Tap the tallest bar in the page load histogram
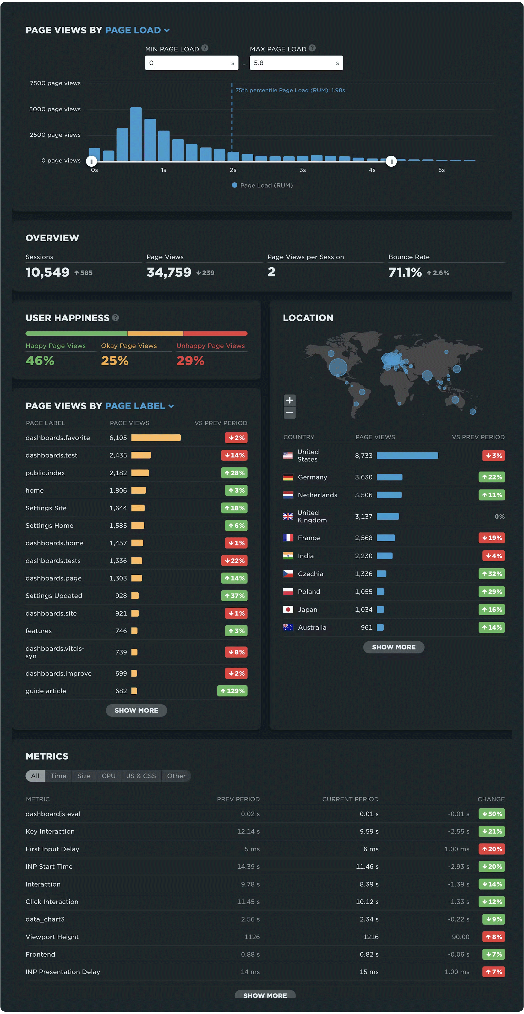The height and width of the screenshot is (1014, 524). [136, 134]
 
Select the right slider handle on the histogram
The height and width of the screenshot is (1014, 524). [391, 161]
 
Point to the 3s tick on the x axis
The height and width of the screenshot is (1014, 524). [302, 170]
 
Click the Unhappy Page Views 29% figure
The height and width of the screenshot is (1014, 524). [190, 361]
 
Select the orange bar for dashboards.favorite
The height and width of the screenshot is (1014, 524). [156, 438]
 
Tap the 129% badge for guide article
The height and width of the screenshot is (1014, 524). [232, 691]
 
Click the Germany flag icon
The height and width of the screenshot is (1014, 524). [288, 477]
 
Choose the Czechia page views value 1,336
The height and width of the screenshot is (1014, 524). [363, 574]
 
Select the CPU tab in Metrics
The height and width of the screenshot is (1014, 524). [109, 776]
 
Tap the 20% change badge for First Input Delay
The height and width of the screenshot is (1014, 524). [492, 849]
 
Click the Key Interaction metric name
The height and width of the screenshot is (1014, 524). [50, 831]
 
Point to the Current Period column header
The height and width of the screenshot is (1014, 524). [350, 799]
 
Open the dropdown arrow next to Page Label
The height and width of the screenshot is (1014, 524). [171, 406]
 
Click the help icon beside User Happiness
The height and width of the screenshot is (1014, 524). [115, 318]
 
